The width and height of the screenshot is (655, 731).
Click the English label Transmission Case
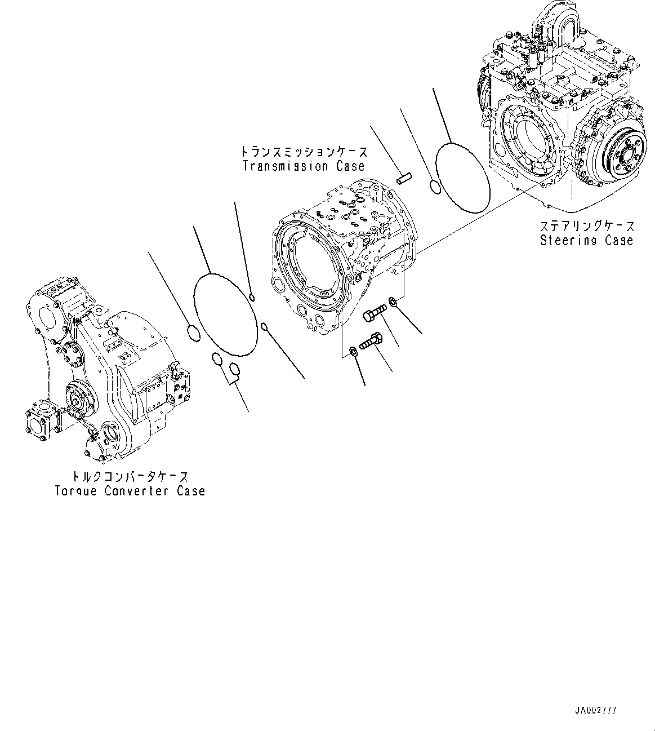tap(304, 166)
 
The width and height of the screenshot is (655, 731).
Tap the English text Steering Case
tap(586, 241)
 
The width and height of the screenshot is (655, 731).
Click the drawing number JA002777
tap(596, 711)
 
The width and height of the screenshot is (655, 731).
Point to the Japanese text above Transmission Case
tap(304, 152)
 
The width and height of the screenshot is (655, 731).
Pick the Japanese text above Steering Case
tap(586, 227)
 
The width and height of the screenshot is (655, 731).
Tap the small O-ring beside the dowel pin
tap(434, 186)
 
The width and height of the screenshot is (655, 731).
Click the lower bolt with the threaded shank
tap(369, 340)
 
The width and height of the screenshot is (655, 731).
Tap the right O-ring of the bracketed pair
tap(235, 369)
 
